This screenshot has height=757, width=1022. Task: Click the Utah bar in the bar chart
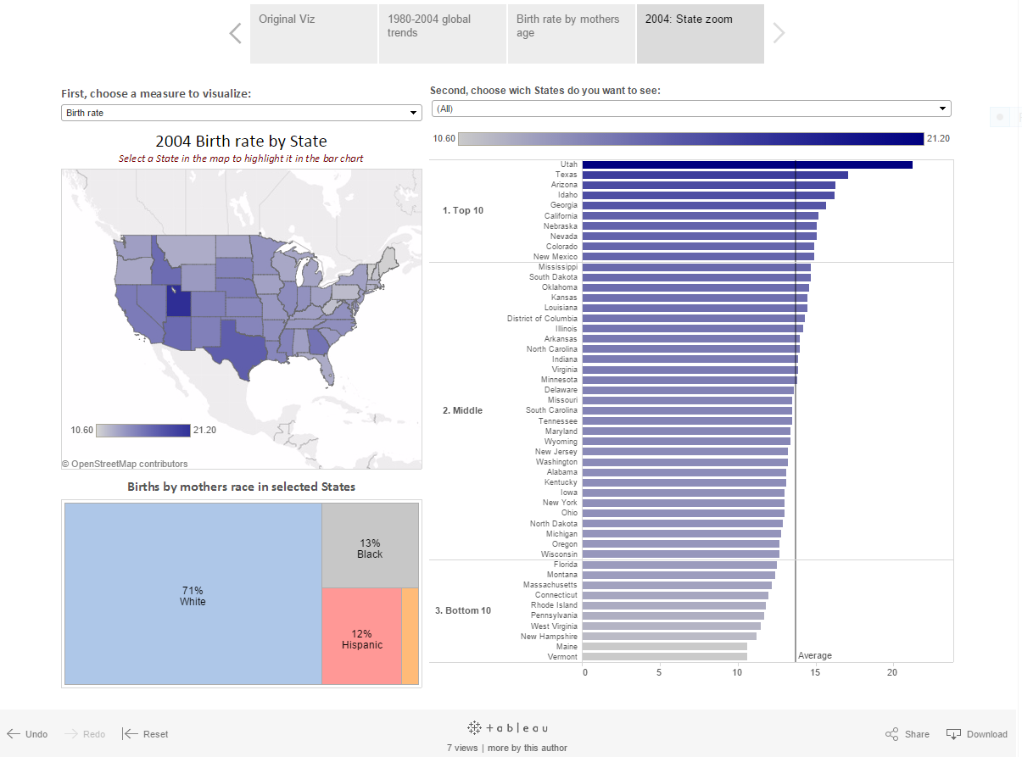pyautogui.click(x=746, y=164)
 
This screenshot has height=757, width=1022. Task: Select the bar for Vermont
pyautogui.click(x=664, y=657)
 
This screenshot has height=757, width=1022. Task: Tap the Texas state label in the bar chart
pyautogui.click(x=567, y=175)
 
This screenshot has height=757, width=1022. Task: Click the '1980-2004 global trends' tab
pyautogui.click(x=442, y=33)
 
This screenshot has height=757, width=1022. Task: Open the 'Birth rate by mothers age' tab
pyautogui.click(x=571, y=33)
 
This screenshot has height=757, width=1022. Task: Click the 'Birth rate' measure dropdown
pyautogui.click(x=242, y=113)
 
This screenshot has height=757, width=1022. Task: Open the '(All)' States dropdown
pyautogui.click(x=691, y=109)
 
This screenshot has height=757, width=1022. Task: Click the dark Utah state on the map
pyautogui.click(x=177, y=301)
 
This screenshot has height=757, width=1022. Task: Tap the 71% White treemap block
pyautogui.click(x=193, y=595)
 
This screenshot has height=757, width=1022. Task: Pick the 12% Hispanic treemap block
pyautogui.click(x=362, y=638)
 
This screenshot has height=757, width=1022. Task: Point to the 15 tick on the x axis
pyautogui.click(x=815, y=672)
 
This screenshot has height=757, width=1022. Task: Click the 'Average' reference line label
pyautogui.click(x=815, y=655)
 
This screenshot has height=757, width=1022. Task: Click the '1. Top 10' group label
pyautogui.click(x=463, y=210)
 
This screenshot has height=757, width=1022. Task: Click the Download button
pyautogui.click(x=977, y=734)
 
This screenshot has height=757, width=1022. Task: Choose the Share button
pyautogui.click(x=908, y=734)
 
